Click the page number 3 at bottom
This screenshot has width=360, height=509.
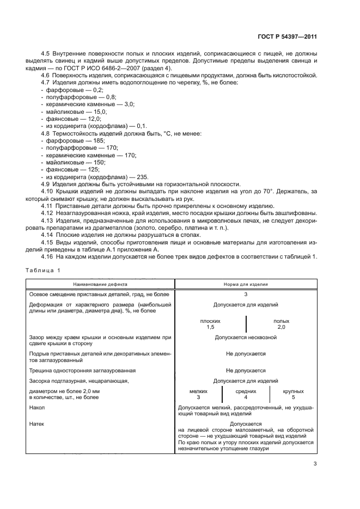coord(315,464)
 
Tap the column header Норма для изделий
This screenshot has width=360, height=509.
coord(246,284)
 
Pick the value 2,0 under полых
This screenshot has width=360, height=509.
coord(281,327)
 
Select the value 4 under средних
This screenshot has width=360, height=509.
coord(246,397)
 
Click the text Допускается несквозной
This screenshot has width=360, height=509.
coord(246,338)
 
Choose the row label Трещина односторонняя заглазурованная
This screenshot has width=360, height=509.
coord(82,370)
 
